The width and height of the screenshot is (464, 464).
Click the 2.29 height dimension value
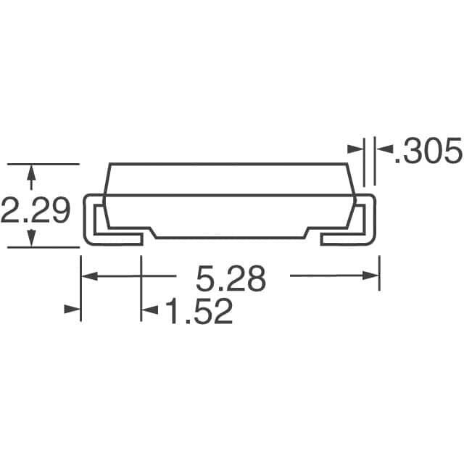(36, 211)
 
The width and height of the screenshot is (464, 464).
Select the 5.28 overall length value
(231, 278)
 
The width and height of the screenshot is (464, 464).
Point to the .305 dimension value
(428, 152)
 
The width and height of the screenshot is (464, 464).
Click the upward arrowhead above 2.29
(30, 172)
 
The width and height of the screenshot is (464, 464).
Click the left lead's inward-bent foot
(120, 239)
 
